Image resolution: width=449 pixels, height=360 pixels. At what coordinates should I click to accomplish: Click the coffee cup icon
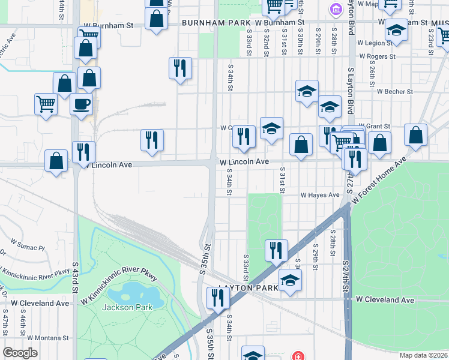point(82,104)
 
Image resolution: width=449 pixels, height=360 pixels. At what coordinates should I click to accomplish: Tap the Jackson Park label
point(127,307)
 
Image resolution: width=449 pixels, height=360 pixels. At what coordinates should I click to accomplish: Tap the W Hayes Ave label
point(320,195)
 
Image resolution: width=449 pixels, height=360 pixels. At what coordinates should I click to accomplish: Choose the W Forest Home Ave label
point(379,181)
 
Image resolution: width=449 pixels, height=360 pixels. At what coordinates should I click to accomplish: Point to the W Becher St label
point(395,92)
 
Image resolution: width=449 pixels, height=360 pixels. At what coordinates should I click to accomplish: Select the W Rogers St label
point(378,56)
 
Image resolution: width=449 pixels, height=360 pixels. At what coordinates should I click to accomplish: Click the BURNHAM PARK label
point(216,22)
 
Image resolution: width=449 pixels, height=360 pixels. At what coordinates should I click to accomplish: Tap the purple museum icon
point(336,8)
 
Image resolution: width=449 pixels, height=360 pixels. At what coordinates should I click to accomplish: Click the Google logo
point(20,353)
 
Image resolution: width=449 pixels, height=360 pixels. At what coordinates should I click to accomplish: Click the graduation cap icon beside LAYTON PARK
point(290,280)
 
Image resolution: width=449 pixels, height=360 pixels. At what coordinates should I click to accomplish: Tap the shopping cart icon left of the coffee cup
point(46,104)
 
